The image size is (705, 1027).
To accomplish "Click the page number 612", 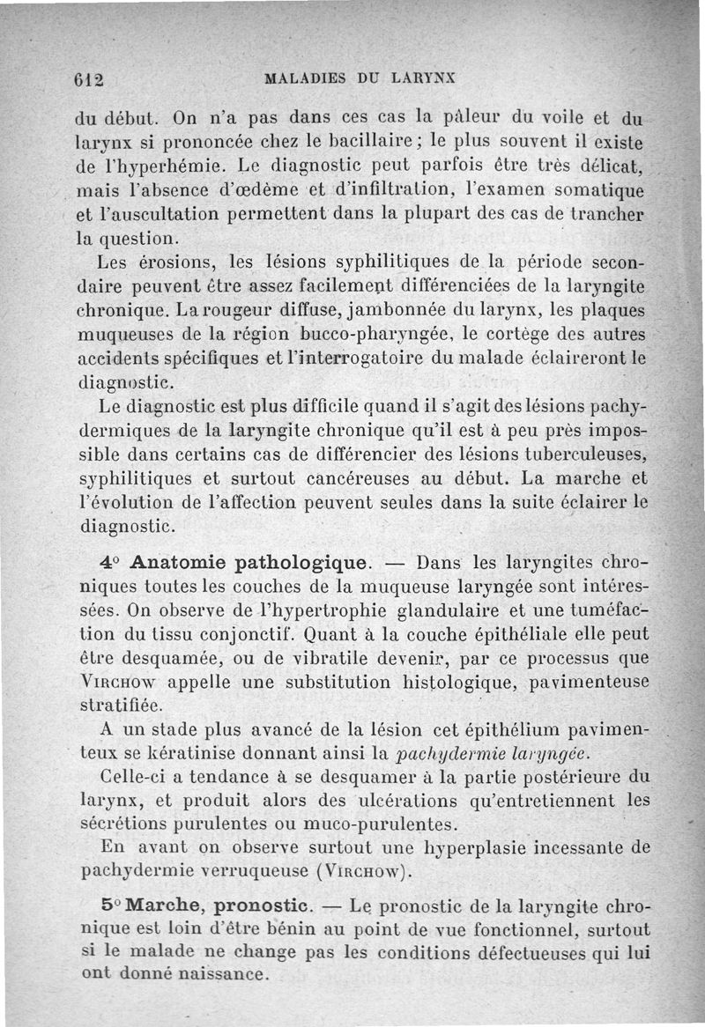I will pos(89,78).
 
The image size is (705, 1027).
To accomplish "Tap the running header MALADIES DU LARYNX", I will pos(360,78).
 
